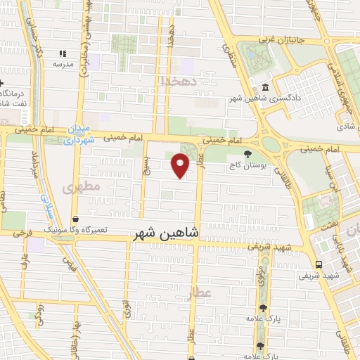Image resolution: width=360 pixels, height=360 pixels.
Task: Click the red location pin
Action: pos(181,165)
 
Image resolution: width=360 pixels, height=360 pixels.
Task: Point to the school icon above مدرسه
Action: pos(63,53)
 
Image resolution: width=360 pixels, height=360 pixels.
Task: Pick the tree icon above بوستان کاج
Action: pos(247,154)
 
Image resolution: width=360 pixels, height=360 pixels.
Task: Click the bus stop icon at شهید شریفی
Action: pos(320,265)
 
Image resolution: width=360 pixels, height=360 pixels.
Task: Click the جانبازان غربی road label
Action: pos(288,40)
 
